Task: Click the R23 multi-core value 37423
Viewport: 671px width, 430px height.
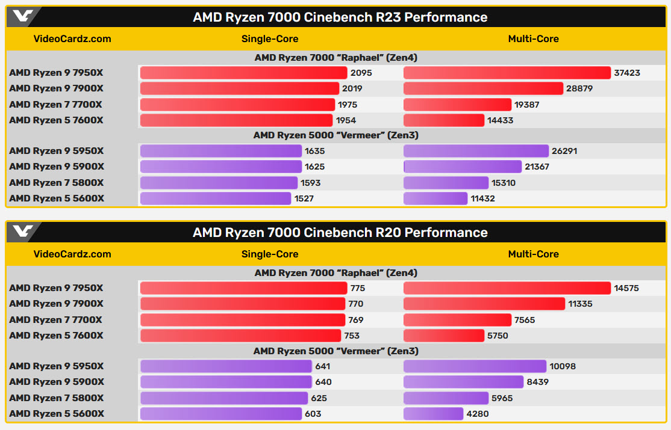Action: point(627,73)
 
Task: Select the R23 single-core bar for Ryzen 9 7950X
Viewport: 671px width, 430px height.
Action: point(243,73)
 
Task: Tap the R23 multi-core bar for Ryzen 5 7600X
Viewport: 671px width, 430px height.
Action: point(443,120)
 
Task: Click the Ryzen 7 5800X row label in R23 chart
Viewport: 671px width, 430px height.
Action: point(56,183)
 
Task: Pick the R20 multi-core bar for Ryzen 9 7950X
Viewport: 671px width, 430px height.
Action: point(507,288)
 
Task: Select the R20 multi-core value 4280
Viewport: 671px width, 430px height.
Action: point(477,414)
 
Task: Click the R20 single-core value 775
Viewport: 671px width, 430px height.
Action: point(358,288)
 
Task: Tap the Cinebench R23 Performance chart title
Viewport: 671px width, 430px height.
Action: point(340,17)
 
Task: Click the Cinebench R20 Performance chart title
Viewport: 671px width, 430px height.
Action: point(340,233)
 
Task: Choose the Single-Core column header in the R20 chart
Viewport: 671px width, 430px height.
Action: point(270,254)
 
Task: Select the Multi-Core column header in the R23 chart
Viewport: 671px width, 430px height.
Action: point(533,38)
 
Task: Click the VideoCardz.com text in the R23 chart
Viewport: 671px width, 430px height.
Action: point(72,38)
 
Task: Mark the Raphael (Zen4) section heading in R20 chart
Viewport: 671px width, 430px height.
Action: point(335,273)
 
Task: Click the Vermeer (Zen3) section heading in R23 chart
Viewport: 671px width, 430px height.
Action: point(335,135)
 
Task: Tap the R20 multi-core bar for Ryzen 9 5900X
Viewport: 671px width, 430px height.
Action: point(463,382)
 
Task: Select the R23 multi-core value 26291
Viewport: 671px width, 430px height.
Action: point(564,151)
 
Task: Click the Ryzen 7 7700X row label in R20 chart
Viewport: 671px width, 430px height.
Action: point(56,320)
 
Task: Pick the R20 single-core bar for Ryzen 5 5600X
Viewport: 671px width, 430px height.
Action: point(220,414)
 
